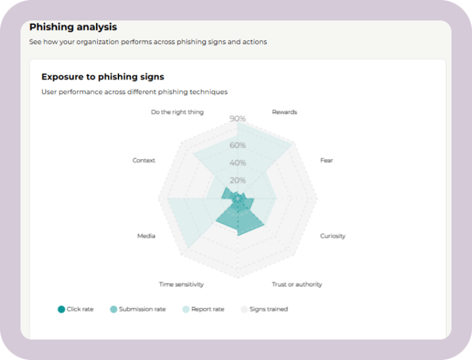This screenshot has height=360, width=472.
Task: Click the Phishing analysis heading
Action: (73, 27)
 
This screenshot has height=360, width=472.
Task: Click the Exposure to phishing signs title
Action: (103, 77)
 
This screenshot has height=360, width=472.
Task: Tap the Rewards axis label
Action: (284, 112)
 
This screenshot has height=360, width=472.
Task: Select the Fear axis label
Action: (326, 161)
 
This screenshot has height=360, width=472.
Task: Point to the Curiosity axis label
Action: (333, 236)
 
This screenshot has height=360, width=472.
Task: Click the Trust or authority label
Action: (297, 285)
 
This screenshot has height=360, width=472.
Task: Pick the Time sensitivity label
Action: (181, 285)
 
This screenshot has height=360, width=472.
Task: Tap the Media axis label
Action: (146, 236)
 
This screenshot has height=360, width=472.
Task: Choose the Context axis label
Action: (144, 161)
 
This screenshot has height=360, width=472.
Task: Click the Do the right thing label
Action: (178, 112)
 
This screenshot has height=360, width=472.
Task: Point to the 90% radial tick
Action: (237, 119)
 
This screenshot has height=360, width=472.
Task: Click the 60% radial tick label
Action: (237, 146)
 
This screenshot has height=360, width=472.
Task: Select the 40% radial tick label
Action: (237, 163)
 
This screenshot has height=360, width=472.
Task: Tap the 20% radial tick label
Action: (237, 180)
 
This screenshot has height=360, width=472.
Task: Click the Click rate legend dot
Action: (61, 309)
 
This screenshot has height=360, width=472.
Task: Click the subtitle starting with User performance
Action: (135, 92)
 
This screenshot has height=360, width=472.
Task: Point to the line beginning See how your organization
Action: (148, 42)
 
